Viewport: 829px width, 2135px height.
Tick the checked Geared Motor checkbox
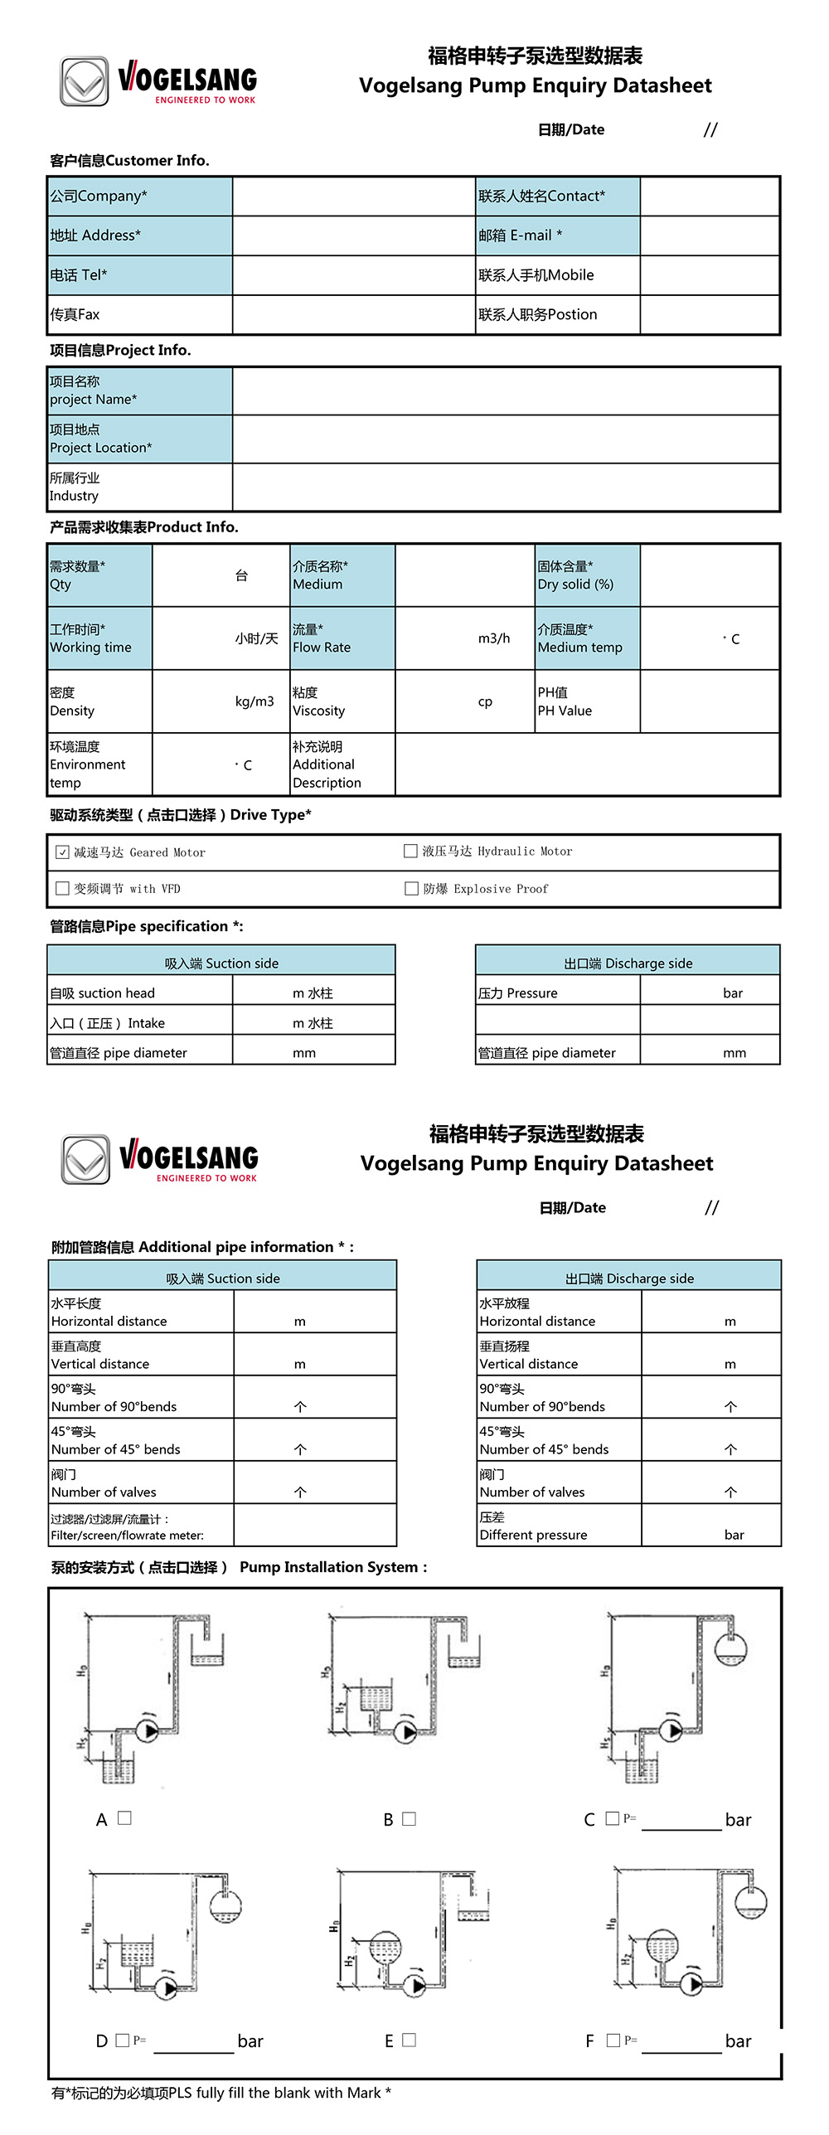click(62, 852)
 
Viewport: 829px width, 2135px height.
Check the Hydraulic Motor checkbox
click(410, 851)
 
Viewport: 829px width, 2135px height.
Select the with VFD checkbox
click(62, 888)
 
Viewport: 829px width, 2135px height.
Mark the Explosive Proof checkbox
click(411, 888)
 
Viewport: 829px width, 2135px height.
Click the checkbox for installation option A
click(125, 1817)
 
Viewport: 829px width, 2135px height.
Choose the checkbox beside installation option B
click(409, 1818)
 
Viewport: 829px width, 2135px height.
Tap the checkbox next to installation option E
click(409, 2040)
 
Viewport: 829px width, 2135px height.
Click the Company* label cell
click(139, 197)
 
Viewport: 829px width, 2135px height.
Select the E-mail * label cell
click(557, 235)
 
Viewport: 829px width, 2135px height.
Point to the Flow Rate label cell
click(342, 638)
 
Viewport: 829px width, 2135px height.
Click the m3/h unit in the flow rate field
click(494, 638)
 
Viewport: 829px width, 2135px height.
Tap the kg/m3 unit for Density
click(255, 701)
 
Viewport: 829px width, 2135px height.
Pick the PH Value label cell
click(587, 701)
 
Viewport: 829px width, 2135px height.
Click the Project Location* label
click(139, 439)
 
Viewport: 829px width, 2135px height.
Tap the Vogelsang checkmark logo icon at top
click(84, 81)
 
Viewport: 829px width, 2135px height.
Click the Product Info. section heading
click(144, 527)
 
